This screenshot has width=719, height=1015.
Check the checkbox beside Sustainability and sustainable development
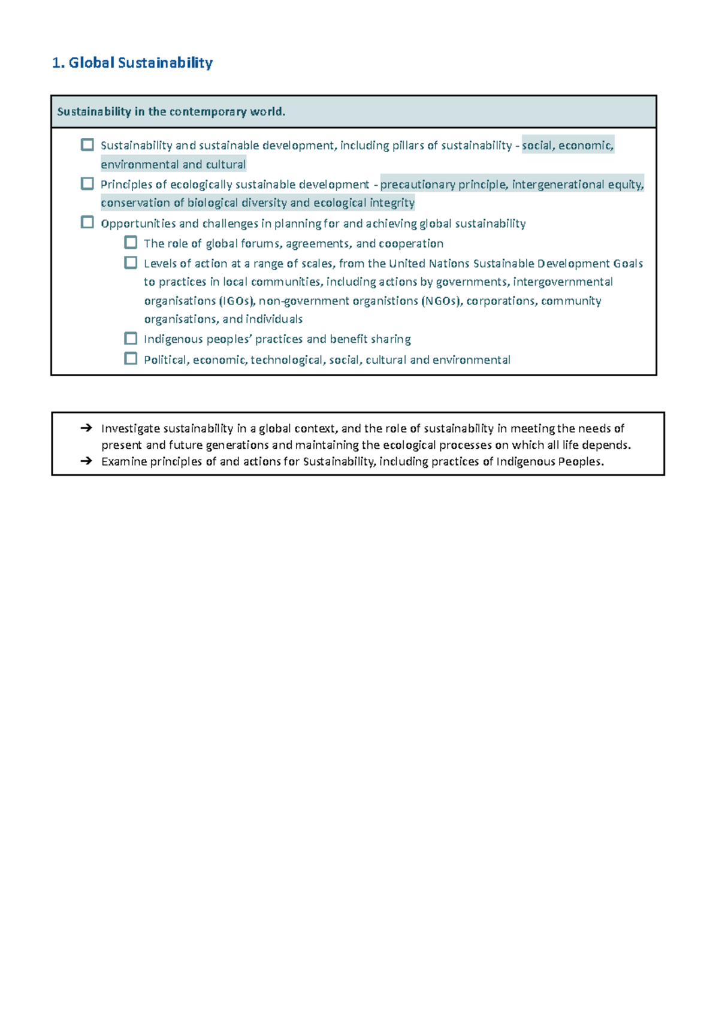pos(87,144)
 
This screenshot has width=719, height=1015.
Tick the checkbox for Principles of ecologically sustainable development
pos(87,183)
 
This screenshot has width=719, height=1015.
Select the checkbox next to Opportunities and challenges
pos(87,222)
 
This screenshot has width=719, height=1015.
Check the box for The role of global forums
pos(131,243)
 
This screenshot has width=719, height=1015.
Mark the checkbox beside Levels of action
pos(131,262)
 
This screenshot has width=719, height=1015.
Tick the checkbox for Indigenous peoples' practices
pos(131,338)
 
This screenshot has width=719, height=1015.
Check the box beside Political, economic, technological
pos(131,358)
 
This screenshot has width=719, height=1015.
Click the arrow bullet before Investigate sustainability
pos(86,428)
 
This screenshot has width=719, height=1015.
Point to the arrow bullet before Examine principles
pos(86,461)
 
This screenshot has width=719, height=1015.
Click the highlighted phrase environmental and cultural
pos(173,165)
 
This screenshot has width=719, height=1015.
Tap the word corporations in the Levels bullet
pos(500,301)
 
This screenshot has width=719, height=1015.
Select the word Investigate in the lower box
pos(130,428)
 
